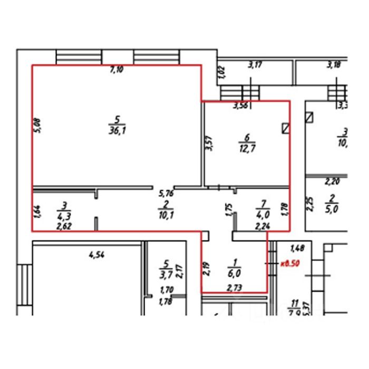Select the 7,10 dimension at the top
(x=116, y=69)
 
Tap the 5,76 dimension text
(x=167, y=193)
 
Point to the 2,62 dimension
(x=64, y=226)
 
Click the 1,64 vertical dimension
(x=37, y=211)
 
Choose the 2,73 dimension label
(x=234, y=287)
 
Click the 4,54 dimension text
(x=95, y=256)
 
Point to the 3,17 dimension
(x=256, y=65)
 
